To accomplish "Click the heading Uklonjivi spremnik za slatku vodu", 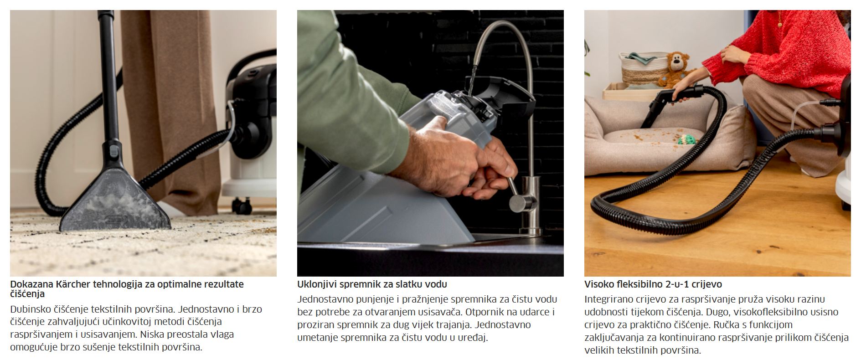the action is pyautogui.click(x=372, y=284).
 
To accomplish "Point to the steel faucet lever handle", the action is pyautogui.click(x=515, y=194).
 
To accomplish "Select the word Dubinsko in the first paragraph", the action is pyautogui.click(x=31, y=309).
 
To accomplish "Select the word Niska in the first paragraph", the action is pyautogui.click(x=152, y=334).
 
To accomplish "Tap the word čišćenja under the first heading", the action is pyautogui.click(x=27, y=294).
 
